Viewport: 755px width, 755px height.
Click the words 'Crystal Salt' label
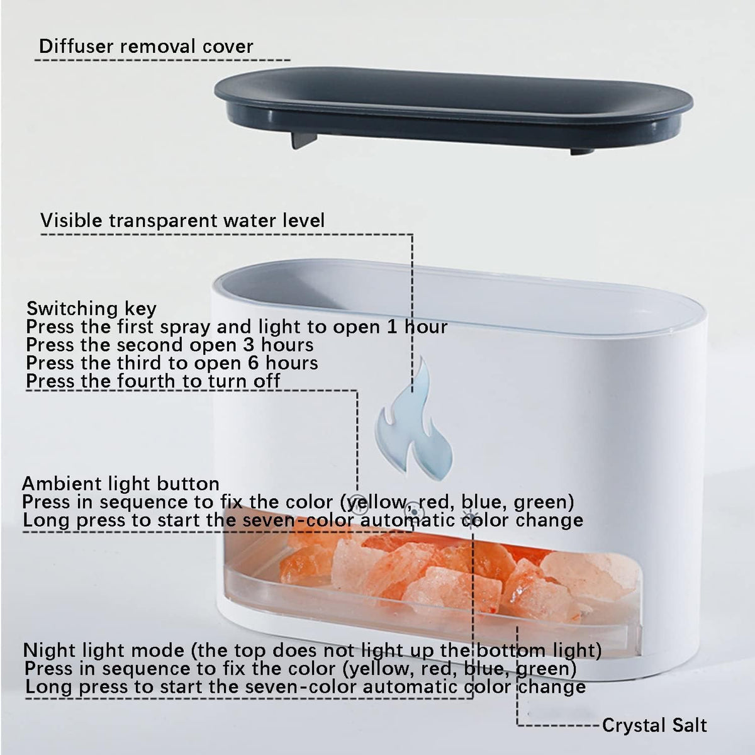point(654,725)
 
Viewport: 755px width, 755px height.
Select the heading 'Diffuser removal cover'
point(146,46)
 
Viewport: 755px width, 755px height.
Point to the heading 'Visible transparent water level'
point(182,220)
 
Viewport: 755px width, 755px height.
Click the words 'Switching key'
point(91,309)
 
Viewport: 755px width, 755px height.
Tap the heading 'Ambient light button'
point(121,484)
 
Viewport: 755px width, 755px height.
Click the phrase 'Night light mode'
point(104,651)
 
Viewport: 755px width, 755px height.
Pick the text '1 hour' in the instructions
point(417,327)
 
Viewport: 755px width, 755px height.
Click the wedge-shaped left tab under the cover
point(304,140)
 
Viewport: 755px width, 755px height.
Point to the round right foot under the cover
point(582,151)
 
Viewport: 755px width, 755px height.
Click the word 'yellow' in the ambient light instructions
point(375,503)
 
